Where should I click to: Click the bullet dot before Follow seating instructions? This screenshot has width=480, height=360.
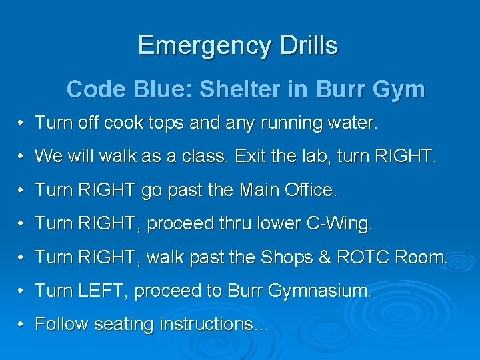(22, 325)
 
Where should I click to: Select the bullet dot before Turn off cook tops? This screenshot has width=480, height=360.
(22, 123)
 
